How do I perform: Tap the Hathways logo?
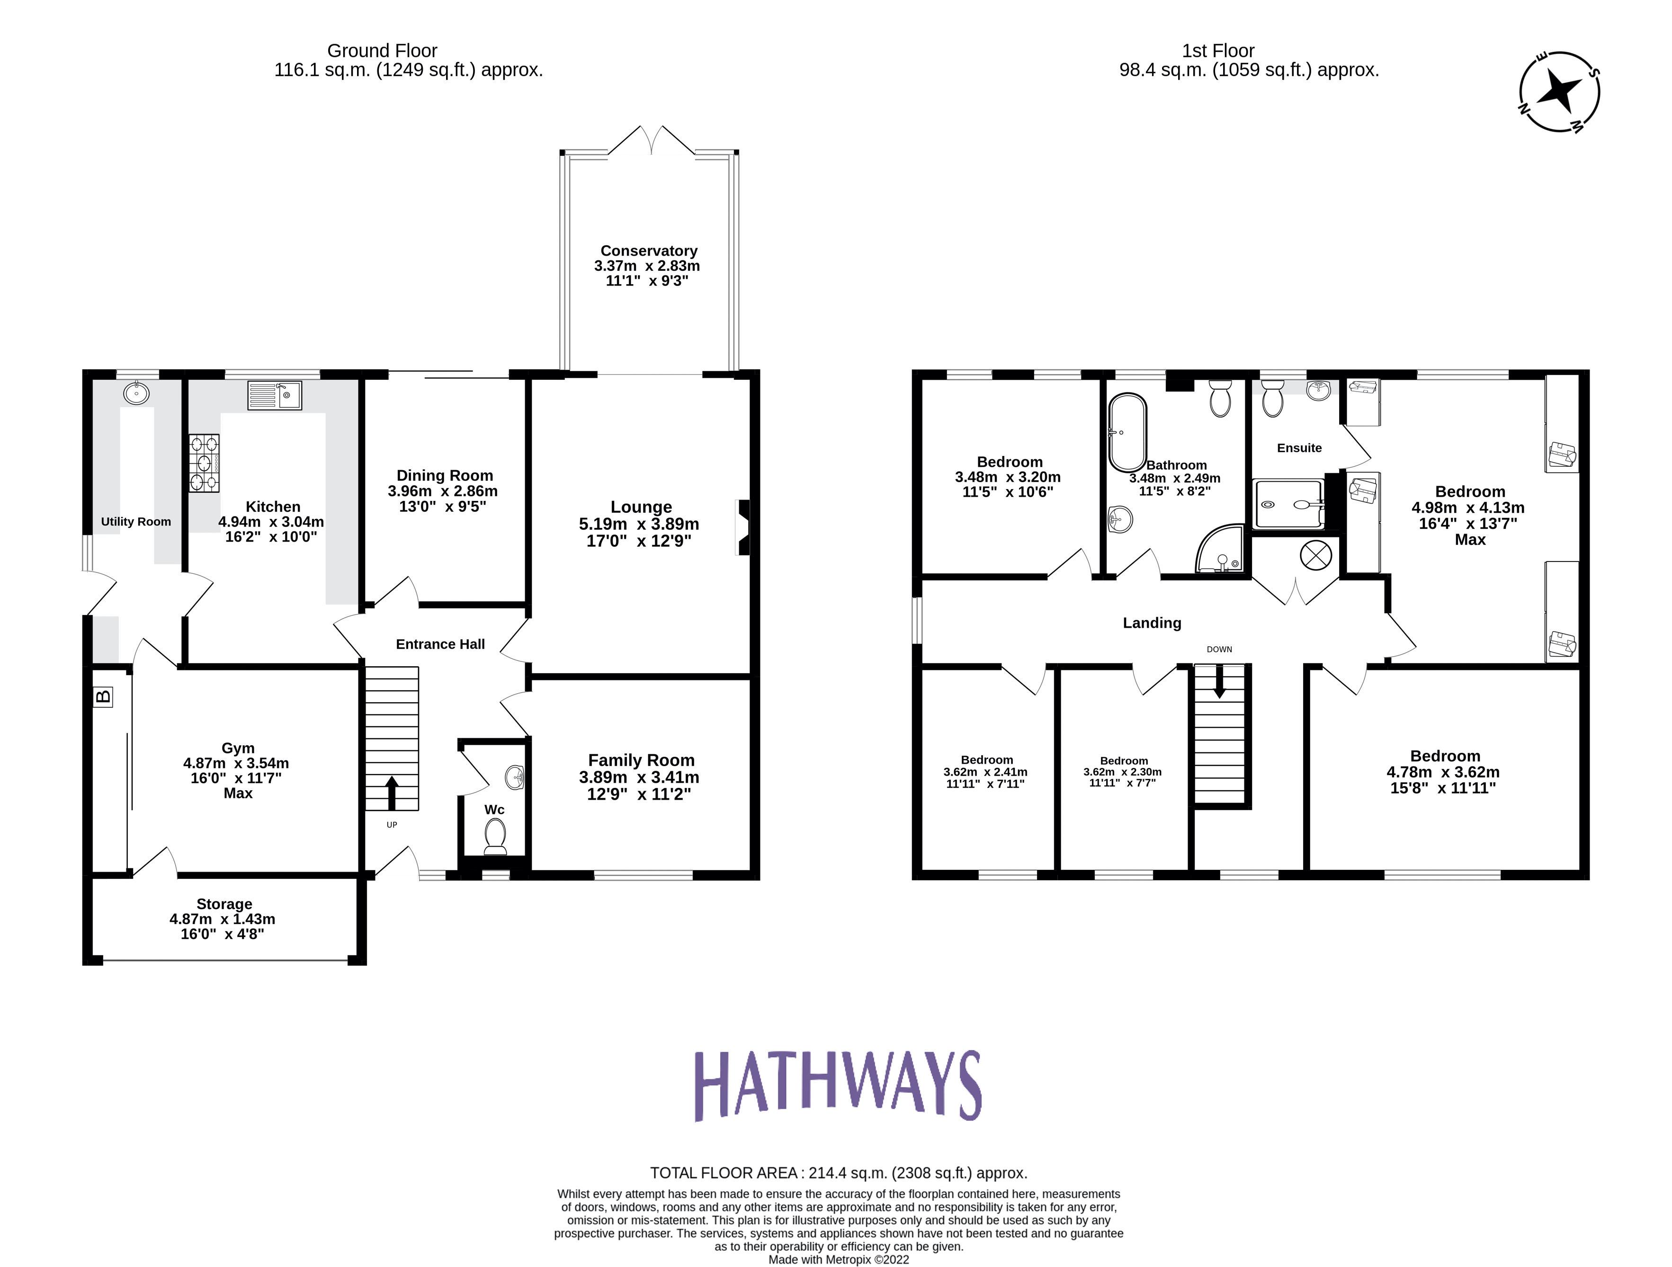click(838, 1086)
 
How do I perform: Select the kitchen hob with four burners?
click(204, 463)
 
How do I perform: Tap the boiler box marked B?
click(103, 696)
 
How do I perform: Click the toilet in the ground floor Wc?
click(495, 837)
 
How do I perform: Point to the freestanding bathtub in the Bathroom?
click(1127, 432)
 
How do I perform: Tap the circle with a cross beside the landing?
click(1315, 556)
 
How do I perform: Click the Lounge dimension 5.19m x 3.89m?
click(639, 524)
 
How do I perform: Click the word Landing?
click(1151, 623)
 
